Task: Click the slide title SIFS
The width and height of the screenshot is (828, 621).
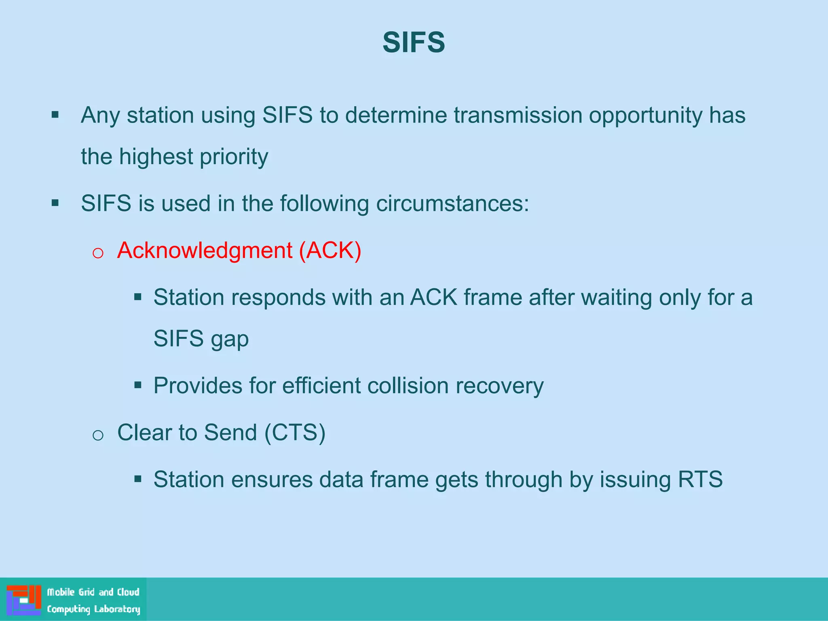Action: click(414, 42)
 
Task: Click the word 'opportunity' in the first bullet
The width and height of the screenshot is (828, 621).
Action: click(646, 116)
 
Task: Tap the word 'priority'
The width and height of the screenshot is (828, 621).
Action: click(234, 157)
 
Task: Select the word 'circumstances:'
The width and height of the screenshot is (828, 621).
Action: click(452, 203)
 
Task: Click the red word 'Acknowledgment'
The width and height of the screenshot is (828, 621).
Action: click(205, 251)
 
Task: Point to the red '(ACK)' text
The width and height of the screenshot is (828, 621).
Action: click(330, 251)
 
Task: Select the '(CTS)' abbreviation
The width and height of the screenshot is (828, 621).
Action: click(295, 433)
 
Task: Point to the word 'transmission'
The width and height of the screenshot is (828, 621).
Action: click(517, 116)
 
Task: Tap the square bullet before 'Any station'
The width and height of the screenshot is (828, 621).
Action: click(55, 115)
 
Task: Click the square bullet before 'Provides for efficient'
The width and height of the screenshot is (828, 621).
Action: click(138, 384)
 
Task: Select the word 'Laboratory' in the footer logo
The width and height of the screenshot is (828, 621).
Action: click(117, 609)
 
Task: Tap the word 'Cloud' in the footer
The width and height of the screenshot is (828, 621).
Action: click(128, 592)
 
